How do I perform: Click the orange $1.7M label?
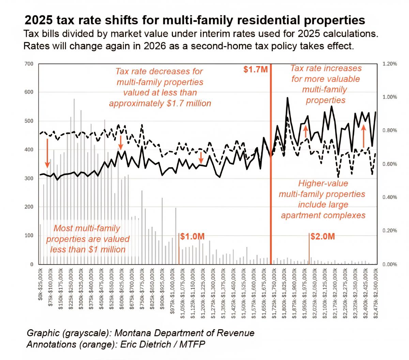click(x=256, y=70)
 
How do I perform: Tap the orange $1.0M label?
click(x=192, y=236)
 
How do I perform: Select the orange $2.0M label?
click(x=322, y=236)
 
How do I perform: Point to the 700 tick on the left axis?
click(x=29, y=64)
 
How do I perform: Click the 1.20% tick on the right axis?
click(x=390, y=64)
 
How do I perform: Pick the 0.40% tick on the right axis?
click(x=390, y=197)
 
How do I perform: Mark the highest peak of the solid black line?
click(x=288, y=98)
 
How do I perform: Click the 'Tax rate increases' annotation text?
click(x=326, y=68)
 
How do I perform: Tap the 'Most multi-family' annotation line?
click(x=88, y=228)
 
